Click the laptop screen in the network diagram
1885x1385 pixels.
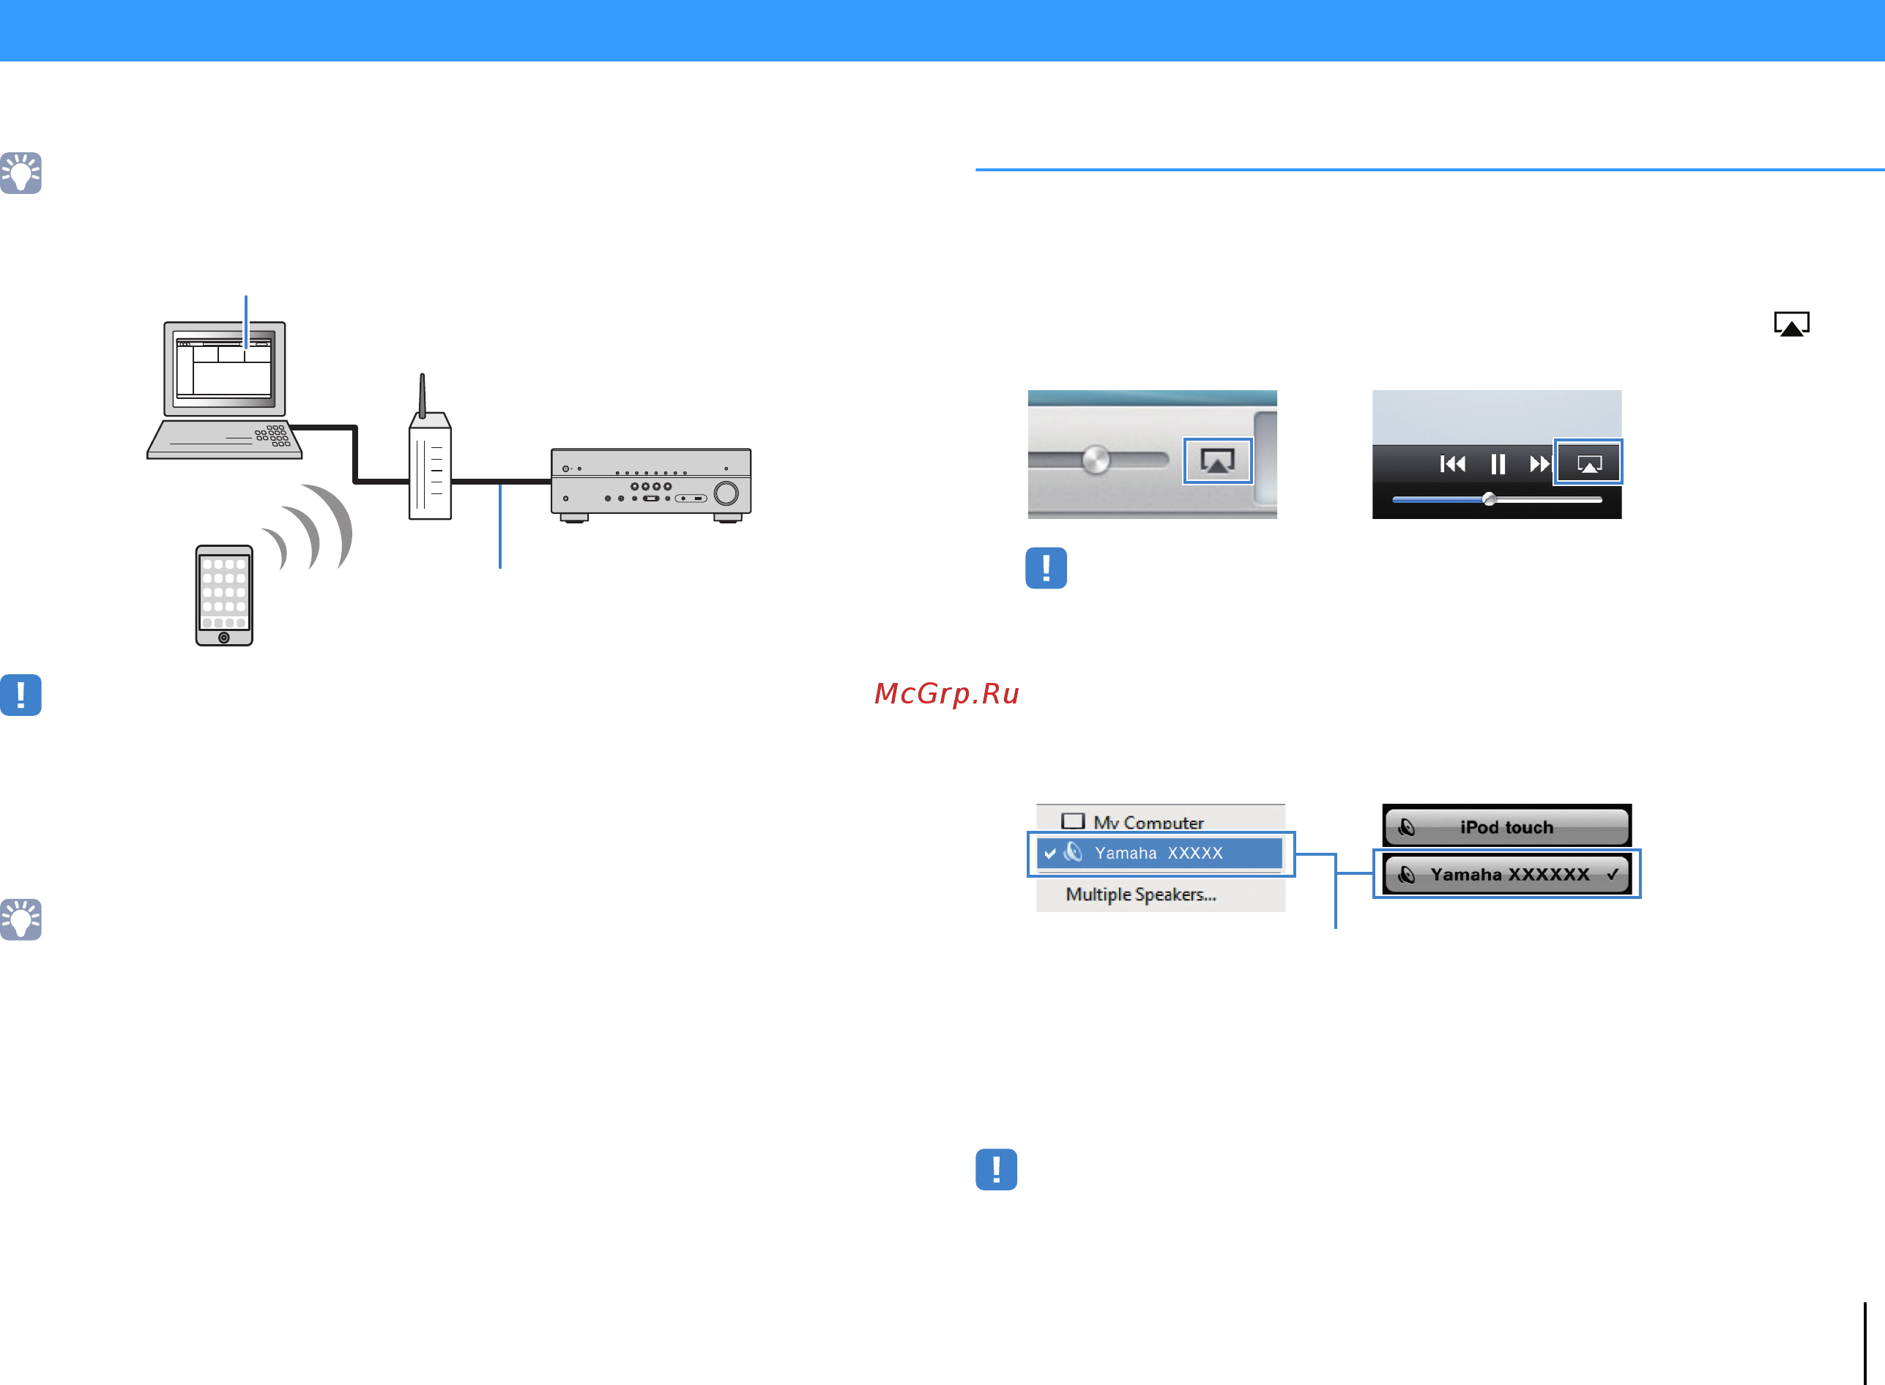tap(224, 369)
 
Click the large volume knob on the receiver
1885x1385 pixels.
tap(726, 493)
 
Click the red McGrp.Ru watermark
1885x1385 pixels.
tap(947, 693)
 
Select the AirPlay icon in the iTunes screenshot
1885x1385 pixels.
tap(1218, 460)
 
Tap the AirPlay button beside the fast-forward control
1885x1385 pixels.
tap(1589, 463)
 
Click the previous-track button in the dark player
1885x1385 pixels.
tap(1452, 463)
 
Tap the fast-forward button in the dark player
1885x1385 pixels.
tap(1539, 463)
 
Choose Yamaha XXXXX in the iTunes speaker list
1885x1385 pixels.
tap(1159, 854)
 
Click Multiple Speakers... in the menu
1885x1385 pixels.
tap(1140, 895)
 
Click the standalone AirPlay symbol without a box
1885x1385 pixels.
tap(1791, 324)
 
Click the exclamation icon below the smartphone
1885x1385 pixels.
tap(21, 695)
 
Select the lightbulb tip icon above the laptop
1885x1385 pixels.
tap(21, 173)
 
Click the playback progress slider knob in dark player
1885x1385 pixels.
tap(1490, 500)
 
